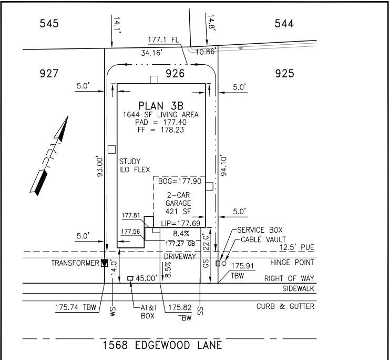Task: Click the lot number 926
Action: (175, 74)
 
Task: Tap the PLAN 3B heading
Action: (161, 106)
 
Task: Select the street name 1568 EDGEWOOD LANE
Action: (162, 345)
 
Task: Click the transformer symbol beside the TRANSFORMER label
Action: (105, 263)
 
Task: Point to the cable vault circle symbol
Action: (224, 263)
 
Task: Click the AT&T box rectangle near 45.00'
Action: (130, 278)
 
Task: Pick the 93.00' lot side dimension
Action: (99, 166)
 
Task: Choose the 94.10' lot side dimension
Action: (223, 166)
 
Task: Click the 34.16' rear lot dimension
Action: (152, 53)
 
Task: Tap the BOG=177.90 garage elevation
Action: (180, 181)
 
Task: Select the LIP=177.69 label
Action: (181, 223)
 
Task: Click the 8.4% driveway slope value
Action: (181, 234)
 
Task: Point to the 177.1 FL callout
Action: (163, 40)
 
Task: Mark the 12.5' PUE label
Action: (296, 247)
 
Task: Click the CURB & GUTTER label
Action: (285, 306)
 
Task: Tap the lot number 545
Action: (49, 24)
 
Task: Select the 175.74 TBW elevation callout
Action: (75, 307)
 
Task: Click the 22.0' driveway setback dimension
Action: (206, 242)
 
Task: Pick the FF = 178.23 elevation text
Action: (161, 129)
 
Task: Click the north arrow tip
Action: (68, 116)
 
